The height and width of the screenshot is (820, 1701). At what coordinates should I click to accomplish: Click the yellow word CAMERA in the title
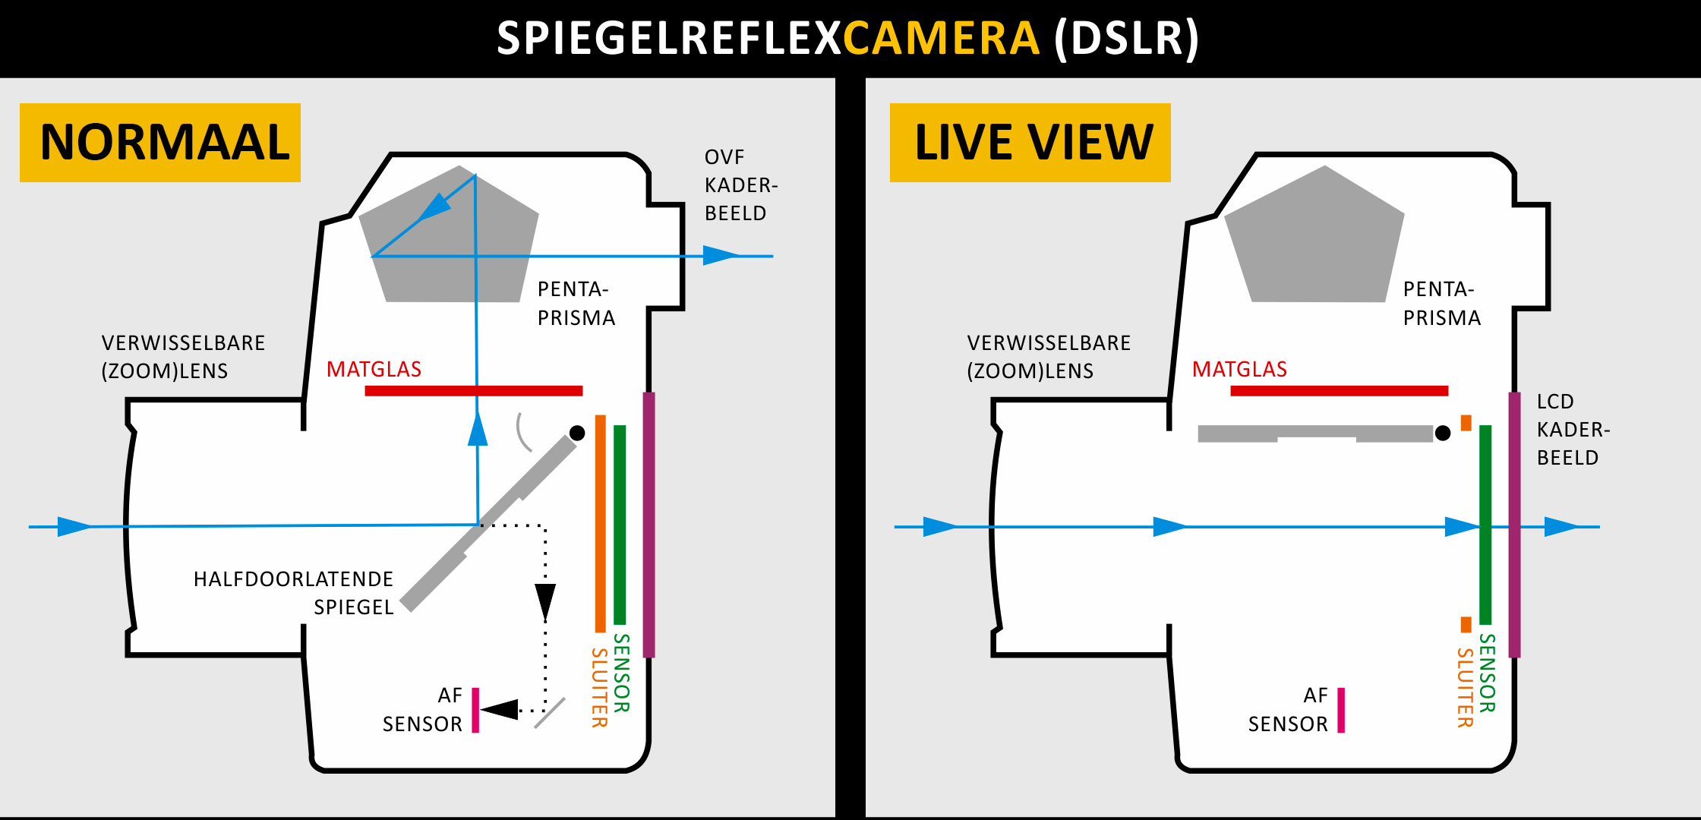(940, 39)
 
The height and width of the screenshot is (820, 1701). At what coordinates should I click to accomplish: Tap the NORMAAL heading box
(160, 143)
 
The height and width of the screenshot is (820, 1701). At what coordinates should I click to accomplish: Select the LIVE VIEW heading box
(1030, 143)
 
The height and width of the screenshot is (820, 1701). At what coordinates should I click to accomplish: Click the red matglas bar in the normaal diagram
(473, 391)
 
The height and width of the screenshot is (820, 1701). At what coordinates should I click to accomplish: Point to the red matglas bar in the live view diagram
(1339, 391)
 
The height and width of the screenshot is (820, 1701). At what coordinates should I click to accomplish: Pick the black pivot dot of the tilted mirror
(577, 433)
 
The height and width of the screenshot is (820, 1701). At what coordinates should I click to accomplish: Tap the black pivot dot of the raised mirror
(1443, 433)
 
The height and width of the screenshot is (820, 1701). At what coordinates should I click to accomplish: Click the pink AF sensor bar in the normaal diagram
(475, 710)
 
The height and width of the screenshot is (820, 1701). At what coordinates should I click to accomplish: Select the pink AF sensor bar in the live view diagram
(1341, 710)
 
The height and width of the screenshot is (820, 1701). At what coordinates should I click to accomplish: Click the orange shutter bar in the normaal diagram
(600, 524)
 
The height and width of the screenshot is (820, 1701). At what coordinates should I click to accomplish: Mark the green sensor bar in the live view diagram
(1485, 524)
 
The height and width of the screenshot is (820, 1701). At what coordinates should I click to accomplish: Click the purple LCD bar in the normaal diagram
(649, 524)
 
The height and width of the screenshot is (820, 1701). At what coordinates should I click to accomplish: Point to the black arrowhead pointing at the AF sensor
(500, 710)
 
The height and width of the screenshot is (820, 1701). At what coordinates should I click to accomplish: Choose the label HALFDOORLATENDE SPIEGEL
(293, 593)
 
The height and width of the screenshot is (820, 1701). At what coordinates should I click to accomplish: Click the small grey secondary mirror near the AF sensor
(550, 713)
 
